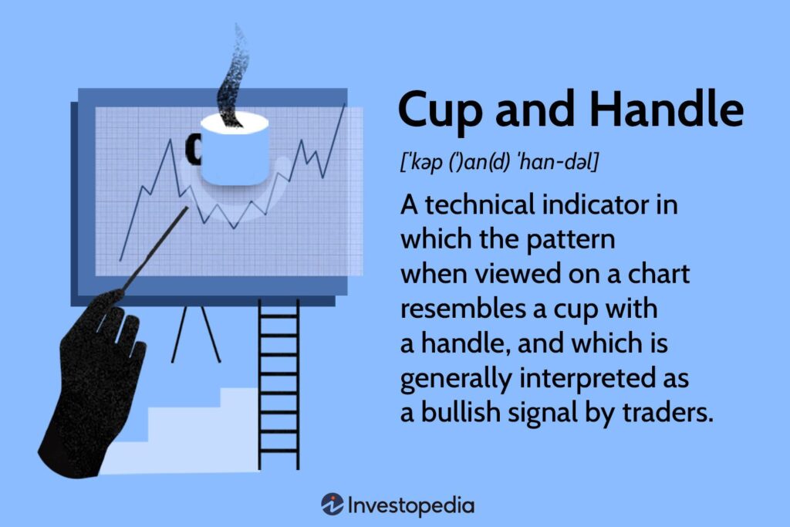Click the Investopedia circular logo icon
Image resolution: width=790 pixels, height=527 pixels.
(x=333, y=505)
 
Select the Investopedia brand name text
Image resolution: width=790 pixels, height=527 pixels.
(x=410, y=505)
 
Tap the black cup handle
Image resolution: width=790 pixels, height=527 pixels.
(x=192, y=149)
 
